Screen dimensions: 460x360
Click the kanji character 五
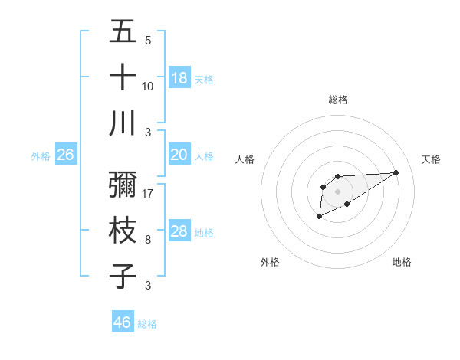click(123, 32)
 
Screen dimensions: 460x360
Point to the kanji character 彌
click(123, 185)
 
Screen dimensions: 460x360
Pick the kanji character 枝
click(123, 231)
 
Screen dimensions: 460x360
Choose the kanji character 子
click(123, 276)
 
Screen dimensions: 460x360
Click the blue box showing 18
click(179, 78)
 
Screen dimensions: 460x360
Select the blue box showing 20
click(179, 155)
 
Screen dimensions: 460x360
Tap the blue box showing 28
click(179, 231)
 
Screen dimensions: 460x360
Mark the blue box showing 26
click(66, 155)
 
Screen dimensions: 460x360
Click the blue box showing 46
click(123, 322)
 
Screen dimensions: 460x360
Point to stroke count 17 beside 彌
click(149, 193)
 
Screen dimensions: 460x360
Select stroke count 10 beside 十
click(148, 86)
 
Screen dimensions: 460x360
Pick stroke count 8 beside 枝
click(148, 239)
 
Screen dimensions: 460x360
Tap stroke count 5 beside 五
click(148, 40)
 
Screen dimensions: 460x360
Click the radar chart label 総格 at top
click(337, 100)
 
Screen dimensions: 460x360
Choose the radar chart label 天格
click(432, 159)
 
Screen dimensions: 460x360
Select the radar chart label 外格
click(270, 262)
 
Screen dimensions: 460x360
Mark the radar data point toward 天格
click(396, 172)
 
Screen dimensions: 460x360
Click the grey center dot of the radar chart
click(337, 191)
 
